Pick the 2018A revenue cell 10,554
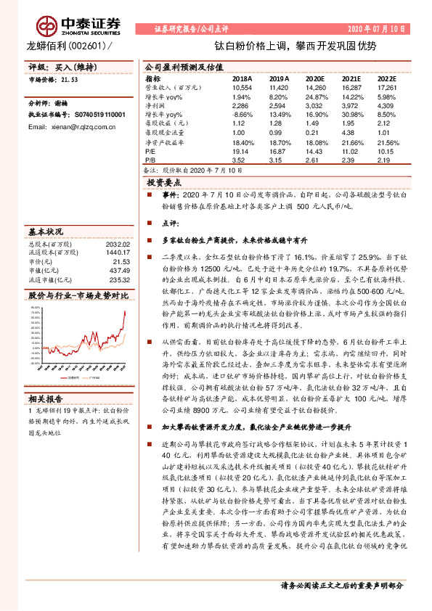(242, 86)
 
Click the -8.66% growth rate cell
(242, 114)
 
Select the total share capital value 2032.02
(117, 245)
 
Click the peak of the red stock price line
(124, 311)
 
